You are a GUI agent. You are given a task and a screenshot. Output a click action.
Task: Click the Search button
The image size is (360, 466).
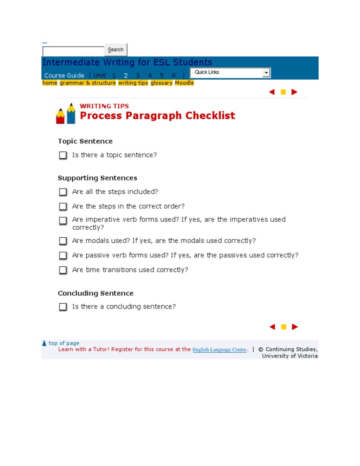116,50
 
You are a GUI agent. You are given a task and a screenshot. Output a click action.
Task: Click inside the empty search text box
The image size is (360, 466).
73,51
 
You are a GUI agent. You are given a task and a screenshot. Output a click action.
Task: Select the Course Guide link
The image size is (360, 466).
64,75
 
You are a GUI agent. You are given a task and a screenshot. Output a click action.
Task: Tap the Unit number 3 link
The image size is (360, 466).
138,75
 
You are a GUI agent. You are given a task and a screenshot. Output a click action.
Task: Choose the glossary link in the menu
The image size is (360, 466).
161,83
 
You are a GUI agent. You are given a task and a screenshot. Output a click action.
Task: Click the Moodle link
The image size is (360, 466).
184,83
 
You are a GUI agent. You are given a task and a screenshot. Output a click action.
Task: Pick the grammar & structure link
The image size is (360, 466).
88,83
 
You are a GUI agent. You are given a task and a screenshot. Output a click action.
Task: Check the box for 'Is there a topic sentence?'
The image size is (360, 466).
63,155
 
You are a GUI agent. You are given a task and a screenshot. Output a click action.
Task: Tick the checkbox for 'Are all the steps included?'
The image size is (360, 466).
63,192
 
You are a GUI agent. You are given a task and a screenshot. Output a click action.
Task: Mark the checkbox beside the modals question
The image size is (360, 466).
63,241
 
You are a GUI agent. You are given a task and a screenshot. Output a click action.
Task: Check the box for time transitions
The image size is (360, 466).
63,270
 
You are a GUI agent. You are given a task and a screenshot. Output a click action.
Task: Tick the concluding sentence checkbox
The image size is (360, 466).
63,307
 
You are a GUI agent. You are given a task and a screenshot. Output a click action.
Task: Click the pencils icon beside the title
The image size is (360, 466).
66,113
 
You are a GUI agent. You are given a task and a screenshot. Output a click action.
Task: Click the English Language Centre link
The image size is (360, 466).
219,350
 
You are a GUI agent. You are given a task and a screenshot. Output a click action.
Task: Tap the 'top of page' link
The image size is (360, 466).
64,343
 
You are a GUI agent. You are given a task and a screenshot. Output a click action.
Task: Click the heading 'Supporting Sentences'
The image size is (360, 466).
97,178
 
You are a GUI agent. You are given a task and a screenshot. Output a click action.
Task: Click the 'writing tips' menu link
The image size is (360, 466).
133,83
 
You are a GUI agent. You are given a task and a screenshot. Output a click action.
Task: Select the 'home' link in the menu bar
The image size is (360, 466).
50,83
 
